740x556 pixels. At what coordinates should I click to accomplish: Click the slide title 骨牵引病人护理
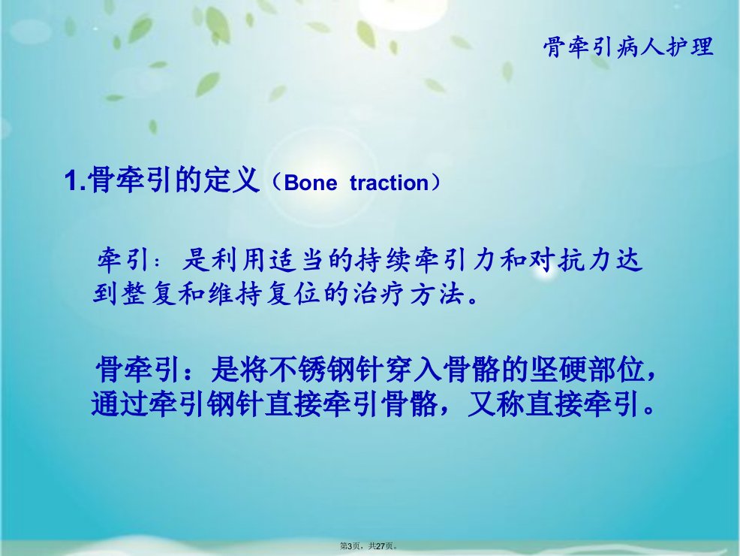click(x=628, y=47)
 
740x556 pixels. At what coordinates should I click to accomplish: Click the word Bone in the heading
click(x=311, y=183)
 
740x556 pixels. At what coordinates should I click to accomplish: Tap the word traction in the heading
click(x=390, y=183)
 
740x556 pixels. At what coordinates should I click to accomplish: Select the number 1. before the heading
click(x=76, y=180)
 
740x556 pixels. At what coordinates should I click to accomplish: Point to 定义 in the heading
click(x=232, y=180)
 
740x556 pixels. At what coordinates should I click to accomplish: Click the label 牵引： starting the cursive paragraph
click(x=128, y=259)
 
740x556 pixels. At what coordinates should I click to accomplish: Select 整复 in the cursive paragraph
click(x=149, y=294)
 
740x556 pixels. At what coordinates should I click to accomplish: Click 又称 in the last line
click(x=496, y=404)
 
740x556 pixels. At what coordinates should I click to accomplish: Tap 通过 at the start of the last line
click(x=120, y=404)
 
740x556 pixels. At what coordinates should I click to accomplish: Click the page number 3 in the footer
click(x=349, y=546)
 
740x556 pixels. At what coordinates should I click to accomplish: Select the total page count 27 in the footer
click(x=381, y=546)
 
